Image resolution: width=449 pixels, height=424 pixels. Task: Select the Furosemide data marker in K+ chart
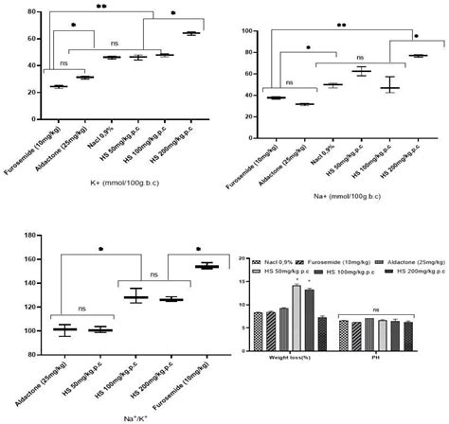(x=59, y=86)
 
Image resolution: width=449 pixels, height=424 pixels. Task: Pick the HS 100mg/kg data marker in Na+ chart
(x=389, y=87)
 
